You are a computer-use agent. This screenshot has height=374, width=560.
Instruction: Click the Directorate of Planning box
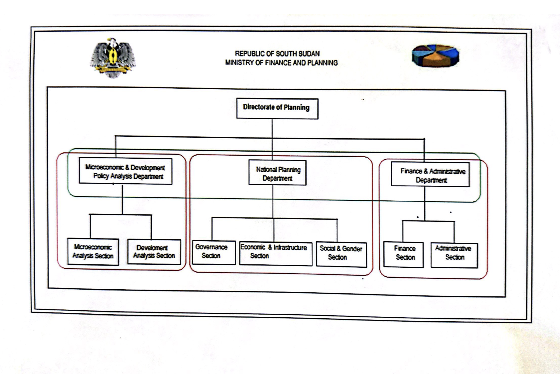(x=277, y=108)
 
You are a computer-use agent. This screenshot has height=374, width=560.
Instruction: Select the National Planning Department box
(x=277, y=173)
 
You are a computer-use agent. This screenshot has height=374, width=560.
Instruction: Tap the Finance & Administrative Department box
(x=430, y=175)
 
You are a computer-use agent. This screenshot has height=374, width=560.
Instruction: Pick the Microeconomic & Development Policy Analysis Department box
(x=125, y=171)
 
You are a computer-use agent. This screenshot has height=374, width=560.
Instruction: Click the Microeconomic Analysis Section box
(x=93, y=252)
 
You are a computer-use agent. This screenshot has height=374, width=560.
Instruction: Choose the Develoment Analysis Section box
(x=154, y=252)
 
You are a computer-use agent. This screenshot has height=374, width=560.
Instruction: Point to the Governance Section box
(x=214, y=252)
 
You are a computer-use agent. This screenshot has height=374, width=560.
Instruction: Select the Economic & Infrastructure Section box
(x=276, y=254)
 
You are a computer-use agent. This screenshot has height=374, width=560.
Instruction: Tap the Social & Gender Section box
(x=341, y=255)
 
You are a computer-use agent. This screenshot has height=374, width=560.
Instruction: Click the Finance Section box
(x=403, y=255)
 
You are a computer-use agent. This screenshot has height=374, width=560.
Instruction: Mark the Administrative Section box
(x=454, y=255)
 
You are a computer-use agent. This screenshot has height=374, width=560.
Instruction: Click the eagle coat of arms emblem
(x=113, y=58)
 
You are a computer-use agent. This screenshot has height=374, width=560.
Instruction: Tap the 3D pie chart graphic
(x=436, y=55)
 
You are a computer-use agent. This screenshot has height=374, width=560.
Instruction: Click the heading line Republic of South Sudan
(x=277, y=54)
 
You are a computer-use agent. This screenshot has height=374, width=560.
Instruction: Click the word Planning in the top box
(x=296, y=107)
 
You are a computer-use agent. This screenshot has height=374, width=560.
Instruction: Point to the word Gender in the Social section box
(x=352, y=249)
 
